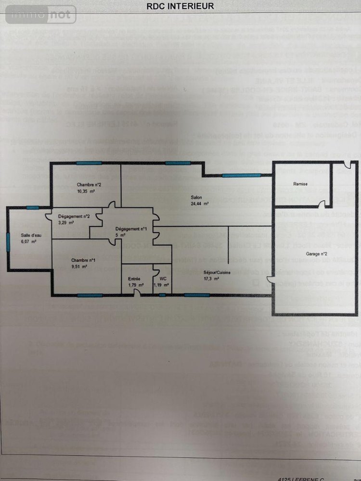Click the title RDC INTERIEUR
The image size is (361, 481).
tap(180, 6)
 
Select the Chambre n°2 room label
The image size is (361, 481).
tap(88, 185)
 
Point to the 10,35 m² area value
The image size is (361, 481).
tap(86, 191)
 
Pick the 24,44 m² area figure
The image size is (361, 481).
tap(199, 204)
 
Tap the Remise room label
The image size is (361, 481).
tap(300, 184)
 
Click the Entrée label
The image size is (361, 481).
tap(134, 278)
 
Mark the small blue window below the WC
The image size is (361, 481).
tap(162, 295)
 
